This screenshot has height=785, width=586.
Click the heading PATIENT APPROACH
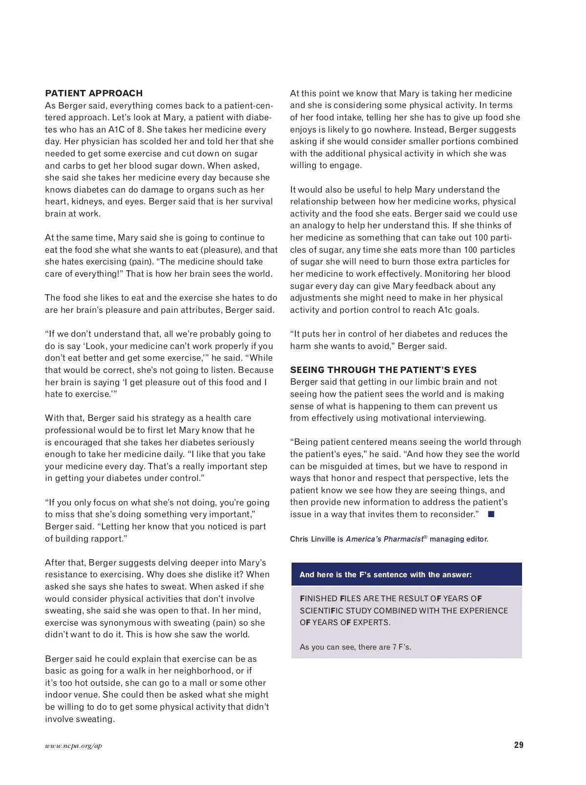pos(94,93)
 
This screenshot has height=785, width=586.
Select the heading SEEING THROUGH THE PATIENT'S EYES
pos(383,370)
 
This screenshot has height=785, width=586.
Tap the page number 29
pos(519,745)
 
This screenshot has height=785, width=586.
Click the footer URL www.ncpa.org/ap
pos(73,746)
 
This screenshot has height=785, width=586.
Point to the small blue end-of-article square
pos(491,514)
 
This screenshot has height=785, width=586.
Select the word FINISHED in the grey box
pos(318,599)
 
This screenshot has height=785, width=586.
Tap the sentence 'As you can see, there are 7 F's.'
pos(355,647)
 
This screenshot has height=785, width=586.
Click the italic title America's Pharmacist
pos(384,539)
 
